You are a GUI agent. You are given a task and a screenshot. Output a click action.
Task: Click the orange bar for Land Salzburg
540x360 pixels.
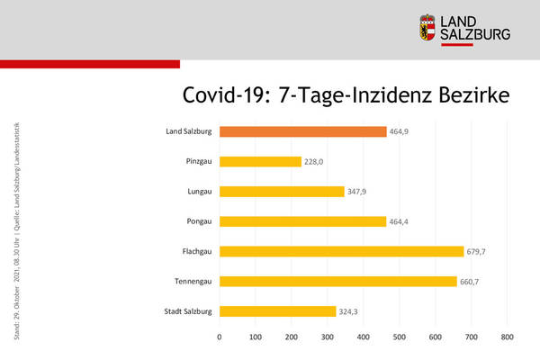(302, 131)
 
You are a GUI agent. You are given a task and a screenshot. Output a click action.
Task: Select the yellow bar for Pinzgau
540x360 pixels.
(260, 161)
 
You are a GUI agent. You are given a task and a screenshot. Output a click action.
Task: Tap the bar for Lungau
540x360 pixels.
(282, 192)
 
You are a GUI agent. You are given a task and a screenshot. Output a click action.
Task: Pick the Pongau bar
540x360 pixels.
(302, 221)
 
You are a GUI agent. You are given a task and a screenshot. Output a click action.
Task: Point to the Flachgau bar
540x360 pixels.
(341, 252)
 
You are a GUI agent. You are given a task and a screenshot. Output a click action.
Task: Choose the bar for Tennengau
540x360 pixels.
(337, 282)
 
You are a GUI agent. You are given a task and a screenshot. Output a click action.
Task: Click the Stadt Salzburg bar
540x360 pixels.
(277, 311)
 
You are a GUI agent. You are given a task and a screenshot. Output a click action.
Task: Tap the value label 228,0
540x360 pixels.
(316, 162)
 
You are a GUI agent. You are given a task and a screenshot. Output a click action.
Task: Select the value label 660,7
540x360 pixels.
(474, 282)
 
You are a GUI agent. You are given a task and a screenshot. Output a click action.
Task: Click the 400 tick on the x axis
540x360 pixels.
(364, 337)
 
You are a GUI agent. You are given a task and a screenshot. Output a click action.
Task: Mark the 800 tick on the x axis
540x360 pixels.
(507, 337)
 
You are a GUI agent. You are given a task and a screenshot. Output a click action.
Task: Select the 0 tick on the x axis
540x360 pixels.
(220, 337)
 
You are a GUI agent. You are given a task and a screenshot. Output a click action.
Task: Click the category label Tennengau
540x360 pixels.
(190, 282)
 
